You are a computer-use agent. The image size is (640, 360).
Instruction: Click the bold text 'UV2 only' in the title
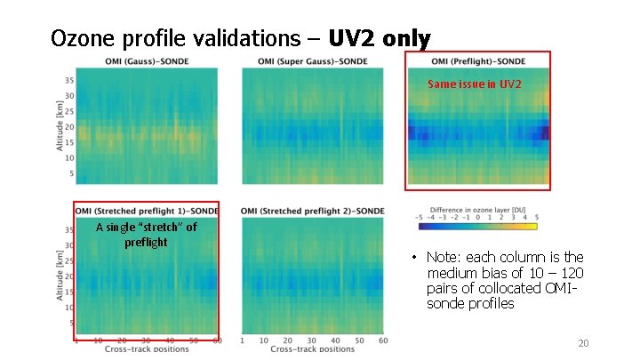[380, 39]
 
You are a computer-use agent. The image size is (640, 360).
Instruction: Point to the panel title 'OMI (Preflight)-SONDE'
[478, 61]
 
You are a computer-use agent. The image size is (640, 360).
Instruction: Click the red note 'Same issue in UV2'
[475, 84]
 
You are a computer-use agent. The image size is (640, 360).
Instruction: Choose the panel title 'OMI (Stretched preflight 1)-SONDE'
[147, 211]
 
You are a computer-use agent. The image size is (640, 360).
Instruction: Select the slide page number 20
[583, 344]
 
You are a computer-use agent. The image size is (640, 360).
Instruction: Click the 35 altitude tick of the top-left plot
[68, 80]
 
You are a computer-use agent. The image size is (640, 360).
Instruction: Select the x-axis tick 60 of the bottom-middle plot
[382, 340]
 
